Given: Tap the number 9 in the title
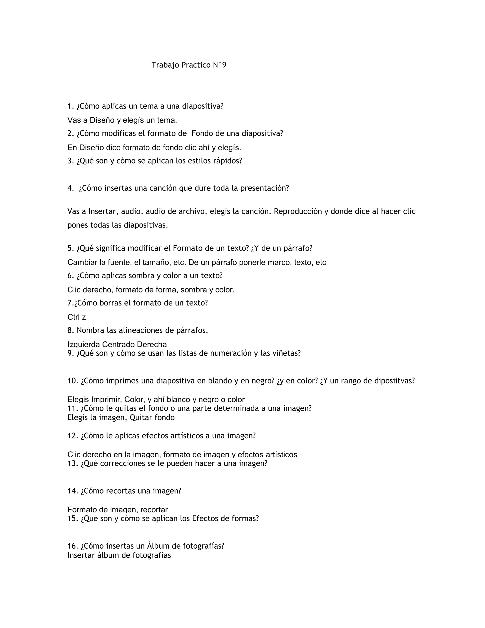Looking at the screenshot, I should pyautogui.click(x=224, y=65).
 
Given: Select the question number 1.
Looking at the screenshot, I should pyautogui.click(x=70, y=106).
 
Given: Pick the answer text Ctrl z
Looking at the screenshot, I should pyautogui.click(x=77, y=317).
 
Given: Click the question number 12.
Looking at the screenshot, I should pyautogui.click(x=73, y=436).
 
